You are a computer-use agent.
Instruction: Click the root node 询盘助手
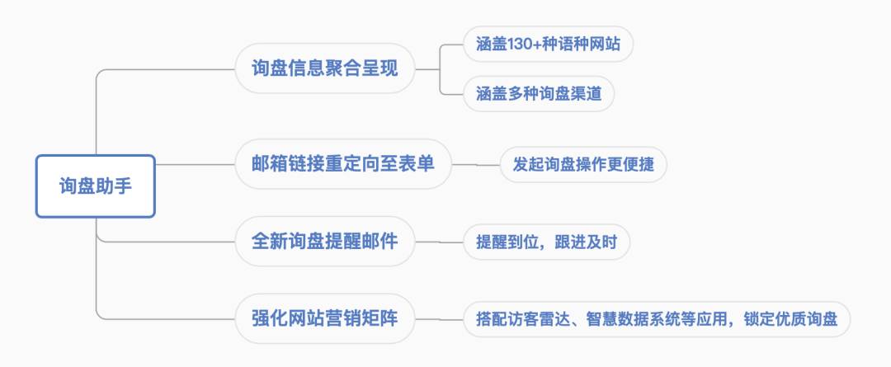click(95, 186)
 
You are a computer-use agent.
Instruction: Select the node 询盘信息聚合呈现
click(324, 68)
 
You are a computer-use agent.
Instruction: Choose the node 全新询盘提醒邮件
click(324, 242)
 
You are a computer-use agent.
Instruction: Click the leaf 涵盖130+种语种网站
click(548, 44)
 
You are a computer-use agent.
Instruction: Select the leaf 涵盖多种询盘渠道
click(538, 93)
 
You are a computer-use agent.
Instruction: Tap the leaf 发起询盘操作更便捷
click(583, 164)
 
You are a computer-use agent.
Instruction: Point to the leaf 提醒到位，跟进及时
click(546, 242)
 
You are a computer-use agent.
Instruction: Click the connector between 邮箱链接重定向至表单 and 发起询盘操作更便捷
click(476, 164)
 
